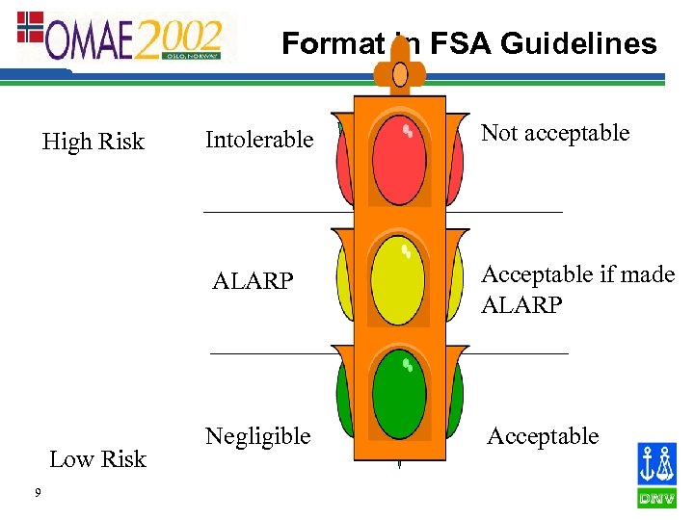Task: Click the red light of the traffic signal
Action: pos(399,159)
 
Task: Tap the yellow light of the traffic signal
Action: pos(398,281)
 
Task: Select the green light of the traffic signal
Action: pos(398,396)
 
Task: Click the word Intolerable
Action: pos(259,141)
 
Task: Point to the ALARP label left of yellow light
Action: pos(253,282)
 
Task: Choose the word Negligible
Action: pos(257,436)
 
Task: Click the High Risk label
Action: pos(93,143)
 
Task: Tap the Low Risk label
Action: pos(97,459)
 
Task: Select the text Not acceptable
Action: pos(555,134)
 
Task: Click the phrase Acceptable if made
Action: pos(577,274)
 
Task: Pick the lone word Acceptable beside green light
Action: pos(543,437)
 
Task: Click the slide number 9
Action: pos(37,494)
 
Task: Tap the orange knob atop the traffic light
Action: pos(400,72)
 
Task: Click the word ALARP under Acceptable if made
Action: pos(521,304)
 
